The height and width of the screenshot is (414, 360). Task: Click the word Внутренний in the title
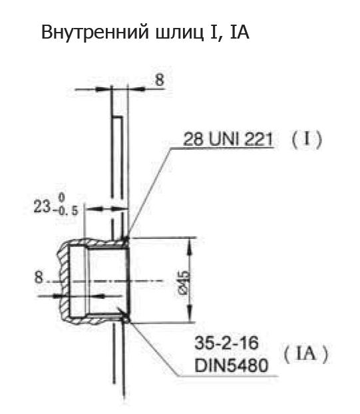point(96,32)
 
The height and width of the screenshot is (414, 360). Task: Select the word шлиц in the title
point(180,33)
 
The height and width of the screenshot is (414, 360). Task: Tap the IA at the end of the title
point(240,32)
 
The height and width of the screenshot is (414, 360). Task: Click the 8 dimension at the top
point(160,79)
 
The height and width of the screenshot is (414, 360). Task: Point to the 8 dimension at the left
point(39,278)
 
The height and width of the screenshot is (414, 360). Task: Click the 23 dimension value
point(42,206)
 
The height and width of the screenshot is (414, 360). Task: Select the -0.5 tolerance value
point(65,211)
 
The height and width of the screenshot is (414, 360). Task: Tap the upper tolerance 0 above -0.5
point(61,197)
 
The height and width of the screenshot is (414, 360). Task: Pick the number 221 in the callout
point(258,139)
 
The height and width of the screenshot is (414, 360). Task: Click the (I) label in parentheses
point(307,139)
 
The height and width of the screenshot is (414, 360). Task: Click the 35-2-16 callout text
point(226,343)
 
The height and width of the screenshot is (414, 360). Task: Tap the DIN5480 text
point(231,365)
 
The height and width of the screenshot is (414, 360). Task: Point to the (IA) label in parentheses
point(306,354)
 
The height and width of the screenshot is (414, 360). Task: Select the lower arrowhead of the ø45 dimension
point(190,313)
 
